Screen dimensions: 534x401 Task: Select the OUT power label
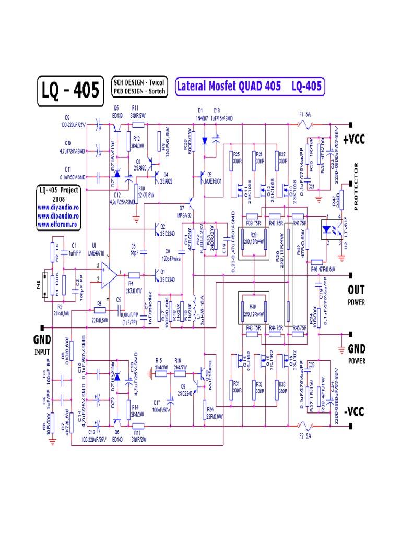(357, 289)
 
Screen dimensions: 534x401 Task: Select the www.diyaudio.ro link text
(58, 207)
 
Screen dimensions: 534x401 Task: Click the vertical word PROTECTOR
(357, 187)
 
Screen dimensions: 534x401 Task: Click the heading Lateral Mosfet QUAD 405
(228, 86)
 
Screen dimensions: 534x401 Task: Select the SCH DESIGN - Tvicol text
(139, 82)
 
